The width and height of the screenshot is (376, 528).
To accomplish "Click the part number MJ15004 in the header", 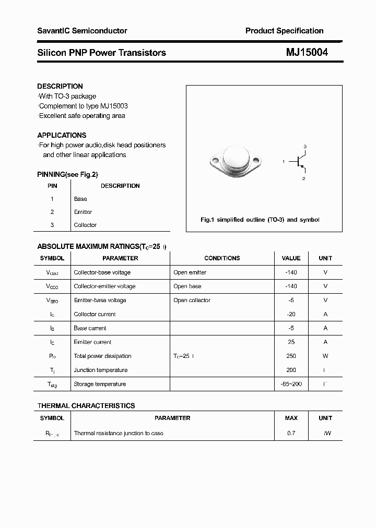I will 307,52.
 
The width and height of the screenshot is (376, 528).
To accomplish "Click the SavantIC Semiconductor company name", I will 82,31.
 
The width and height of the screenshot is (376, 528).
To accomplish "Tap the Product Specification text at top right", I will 284,31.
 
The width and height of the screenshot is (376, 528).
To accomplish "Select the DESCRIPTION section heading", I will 60,86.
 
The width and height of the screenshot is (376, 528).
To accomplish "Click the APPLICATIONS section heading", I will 62,135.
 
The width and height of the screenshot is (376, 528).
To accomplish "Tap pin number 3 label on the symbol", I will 305,146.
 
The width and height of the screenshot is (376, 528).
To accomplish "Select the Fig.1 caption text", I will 260,220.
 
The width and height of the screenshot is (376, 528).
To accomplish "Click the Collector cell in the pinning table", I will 85,225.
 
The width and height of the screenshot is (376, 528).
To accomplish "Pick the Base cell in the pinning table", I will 80,199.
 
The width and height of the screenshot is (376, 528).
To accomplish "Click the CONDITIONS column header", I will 222,258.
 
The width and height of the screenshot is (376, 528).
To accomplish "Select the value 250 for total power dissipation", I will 291,356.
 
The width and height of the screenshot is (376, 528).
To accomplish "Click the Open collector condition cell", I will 192,300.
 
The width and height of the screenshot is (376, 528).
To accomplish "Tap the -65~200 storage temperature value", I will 291,384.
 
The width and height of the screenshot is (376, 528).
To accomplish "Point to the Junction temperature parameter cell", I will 100,370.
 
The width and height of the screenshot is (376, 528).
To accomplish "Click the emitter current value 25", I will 291,342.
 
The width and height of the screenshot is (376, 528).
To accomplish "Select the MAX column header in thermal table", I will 291,418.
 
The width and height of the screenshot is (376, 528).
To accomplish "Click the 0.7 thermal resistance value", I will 291,433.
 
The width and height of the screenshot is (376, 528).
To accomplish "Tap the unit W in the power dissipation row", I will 325,356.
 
